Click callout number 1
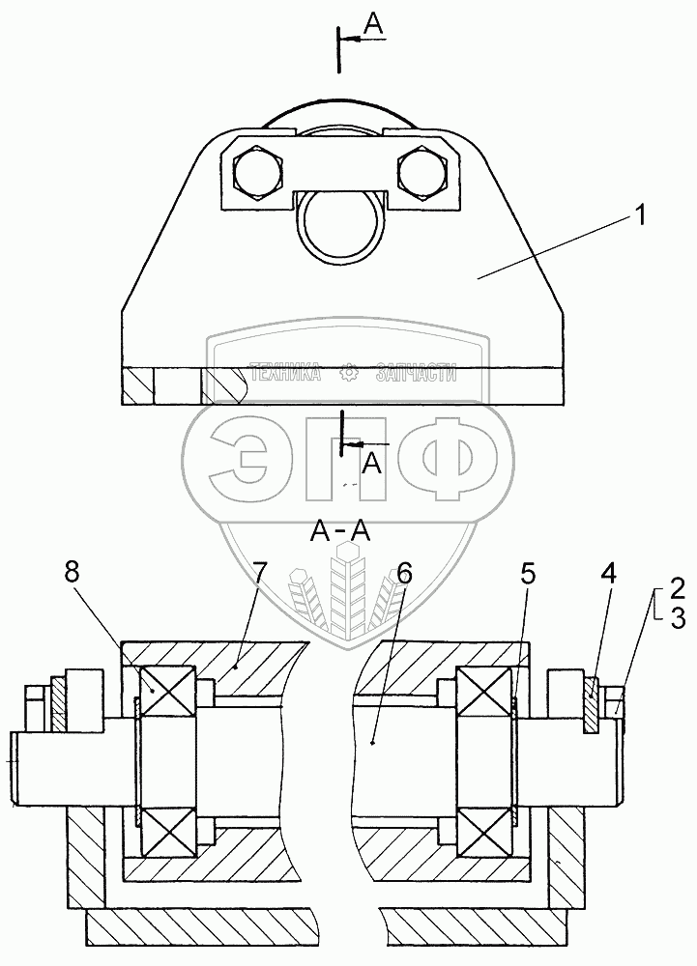[x=639, y=218]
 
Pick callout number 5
[x=527, y=574]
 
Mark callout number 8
[x=73, y=572]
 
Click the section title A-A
[x=341, y=530]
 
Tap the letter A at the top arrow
[x=374, y=26]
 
